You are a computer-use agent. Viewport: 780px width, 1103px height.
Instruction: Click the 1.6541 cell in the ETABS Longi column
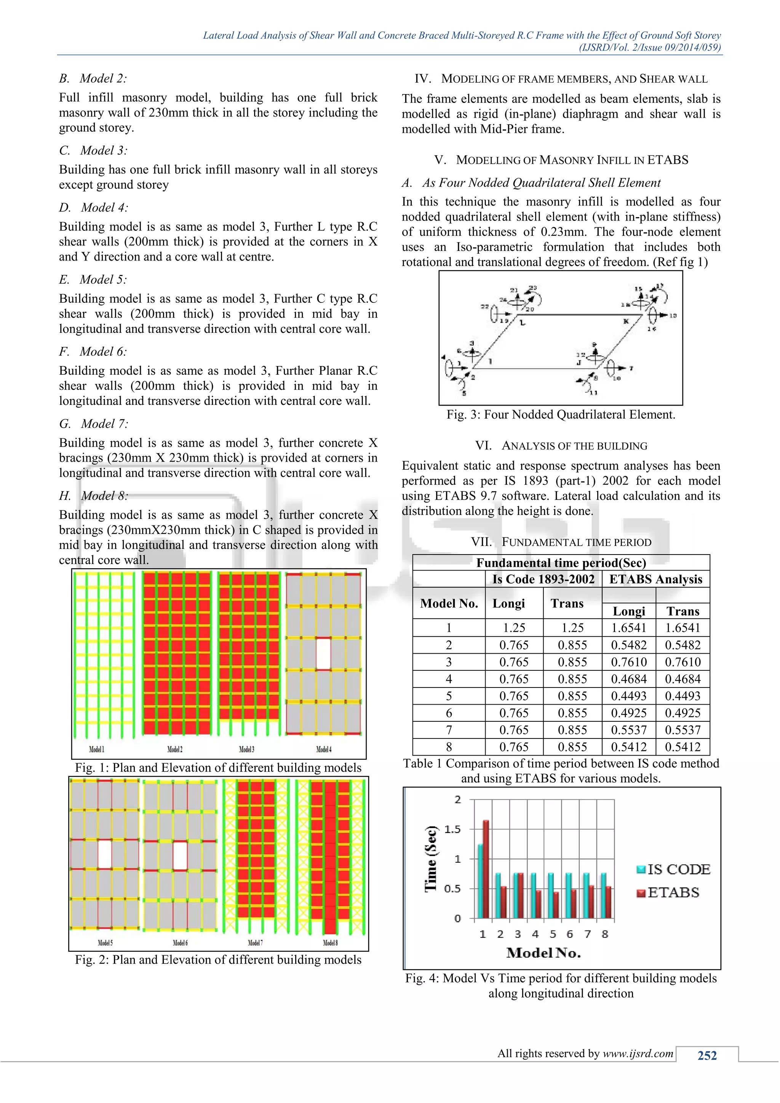click(x=629, y=628)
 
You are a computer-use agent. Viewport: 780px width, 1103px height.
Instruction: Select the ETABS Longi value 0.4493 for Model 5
click(x=629, y=696)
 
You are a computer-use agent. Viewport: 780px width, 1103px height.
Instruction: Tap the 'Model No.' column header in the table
click(x=449, y=603)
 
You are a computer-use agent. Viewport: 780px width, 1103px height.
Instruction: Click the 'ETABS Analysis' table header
click(x=655, y=579)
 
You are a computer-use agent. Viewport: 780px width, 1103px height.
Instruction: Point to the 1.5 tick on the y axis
click(x=452, y=829)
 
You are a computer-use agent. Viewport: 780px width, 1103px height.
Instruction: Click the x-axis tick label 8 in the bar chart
click(x=605, y=934)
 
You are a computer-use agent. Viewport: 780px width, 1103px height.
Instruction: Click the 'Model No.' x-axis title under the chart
click(x=543, y=953)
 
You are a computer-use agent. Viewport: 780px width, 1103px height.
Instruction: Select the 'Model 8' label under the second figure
click(x=330, y=943)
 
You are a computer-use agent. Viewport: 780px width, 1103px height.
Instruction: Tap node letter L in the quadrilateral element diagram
click(x=523, y=323)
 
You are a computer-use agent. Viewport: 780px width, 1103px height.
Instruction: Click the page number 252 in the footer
click(x=707, y=1055)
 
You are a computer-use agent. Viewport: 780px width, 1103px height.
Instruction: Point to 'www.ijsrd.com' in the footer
click(x=638, y=1053)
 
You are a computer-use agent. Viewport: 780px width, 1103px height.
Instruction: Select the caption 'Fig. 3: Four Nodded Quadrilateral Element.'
click(x=561, y=415)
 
